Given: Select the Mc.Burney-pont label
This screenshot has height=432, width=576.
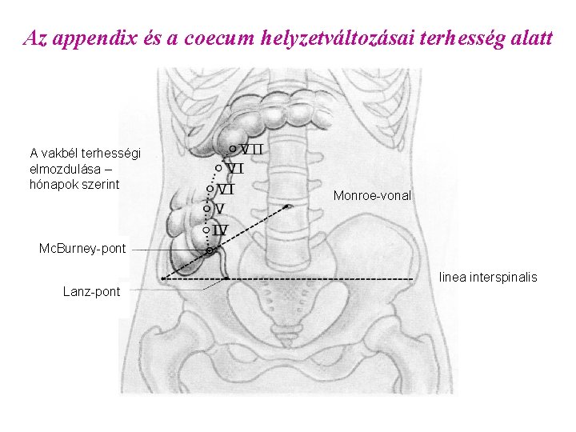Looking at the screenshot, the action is (82, 249).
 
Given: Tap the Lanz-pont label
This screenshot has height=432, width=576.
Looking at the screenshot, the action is (91, 292).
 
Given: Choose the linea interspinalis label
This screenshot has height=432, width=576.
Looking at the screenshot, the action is (488, 278).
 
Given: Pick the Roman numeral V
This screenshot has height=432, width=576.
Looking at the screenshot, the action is (219, 209).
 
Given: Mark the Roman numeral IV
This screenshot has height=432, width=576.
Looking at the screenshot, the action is (220, 230).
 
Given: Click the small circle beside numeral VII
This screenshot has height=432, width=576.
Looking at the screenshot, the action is (232, 149).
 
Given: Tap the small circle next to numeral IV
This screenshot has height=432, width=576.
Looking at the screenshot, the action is (206, 230).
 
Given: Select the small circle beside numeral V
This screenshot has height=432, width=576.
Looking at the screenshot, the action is (206, 209).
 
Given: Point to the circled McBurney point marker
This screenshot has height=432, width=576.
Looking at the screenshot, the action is (210, 251).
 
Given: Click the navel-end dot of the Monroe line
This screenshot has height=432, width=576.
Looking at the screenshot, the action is (288, 206).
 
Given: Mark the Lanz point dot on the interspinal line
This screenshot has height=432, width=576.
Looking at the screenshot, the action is (226, 278).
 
